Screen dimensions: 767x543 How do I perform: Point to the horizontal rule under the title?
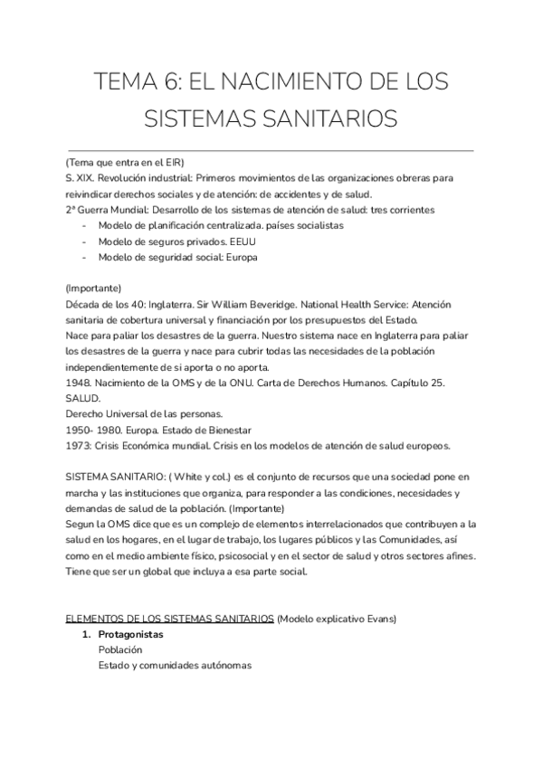click(270, 149)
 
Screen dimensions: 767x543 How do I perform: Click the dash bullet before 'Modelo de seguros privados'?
click(85, 241)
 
